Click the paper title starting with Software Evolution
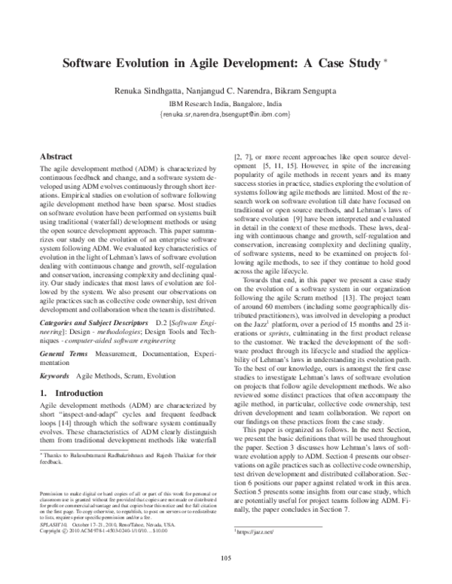pyautogui.click(x=221, y=65)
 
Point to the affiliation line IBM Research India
pyautogui.click(x=225, y=103)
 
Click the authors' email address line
pyautogui.click(x=225, y=114)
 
